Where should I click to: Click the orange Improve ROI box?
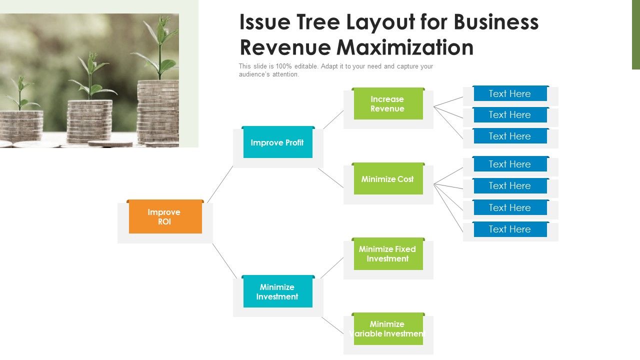tap(165, 217)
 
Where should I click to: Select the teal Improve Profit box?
tap(277, 143)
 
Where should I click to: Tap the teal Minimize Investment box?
tap(277, 292)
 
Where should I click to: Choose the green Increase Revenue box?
tap(387, 104)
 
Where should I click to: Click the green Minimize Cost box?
tap(387, 179)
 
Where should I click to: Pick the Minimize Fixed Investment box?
tap(387, 254)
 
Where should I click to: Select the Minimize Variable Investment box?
tap(387, 329)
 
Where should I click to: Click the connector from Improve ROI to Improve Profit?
tap(220, 183)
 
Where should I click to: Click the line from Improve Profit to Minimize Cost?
tap(330, 177)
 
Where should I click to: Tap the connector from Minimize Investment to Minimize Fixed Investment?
tap(332, 267)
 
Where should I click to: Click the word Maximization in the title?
tap(405, 47)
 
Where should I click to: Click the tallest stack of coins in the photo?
tap(157, 112)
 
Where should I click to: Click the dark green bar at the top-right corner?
tap(635, 34)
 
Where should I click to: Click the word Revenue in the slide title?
tap(285, 47)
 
